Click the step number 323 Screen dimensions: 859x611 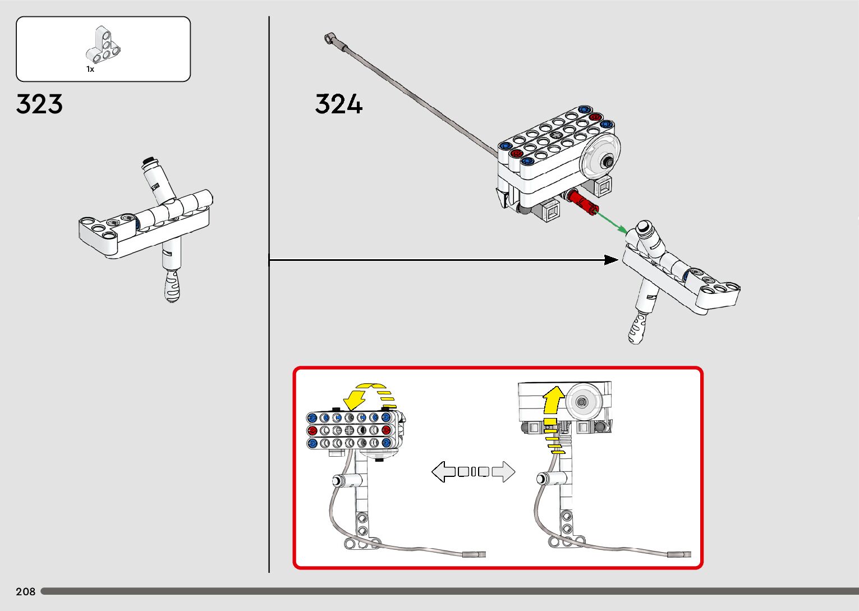39,104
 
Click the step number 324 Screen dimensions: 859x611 338,104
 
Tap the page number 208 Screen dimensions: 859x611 25,591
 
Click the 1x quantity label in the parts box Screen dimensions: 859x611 90,69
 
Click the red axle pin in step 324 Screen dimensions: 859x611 581,203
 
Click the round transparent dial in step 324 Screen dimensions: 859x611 602,160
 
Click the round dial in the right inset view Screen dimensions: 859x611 584,401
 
